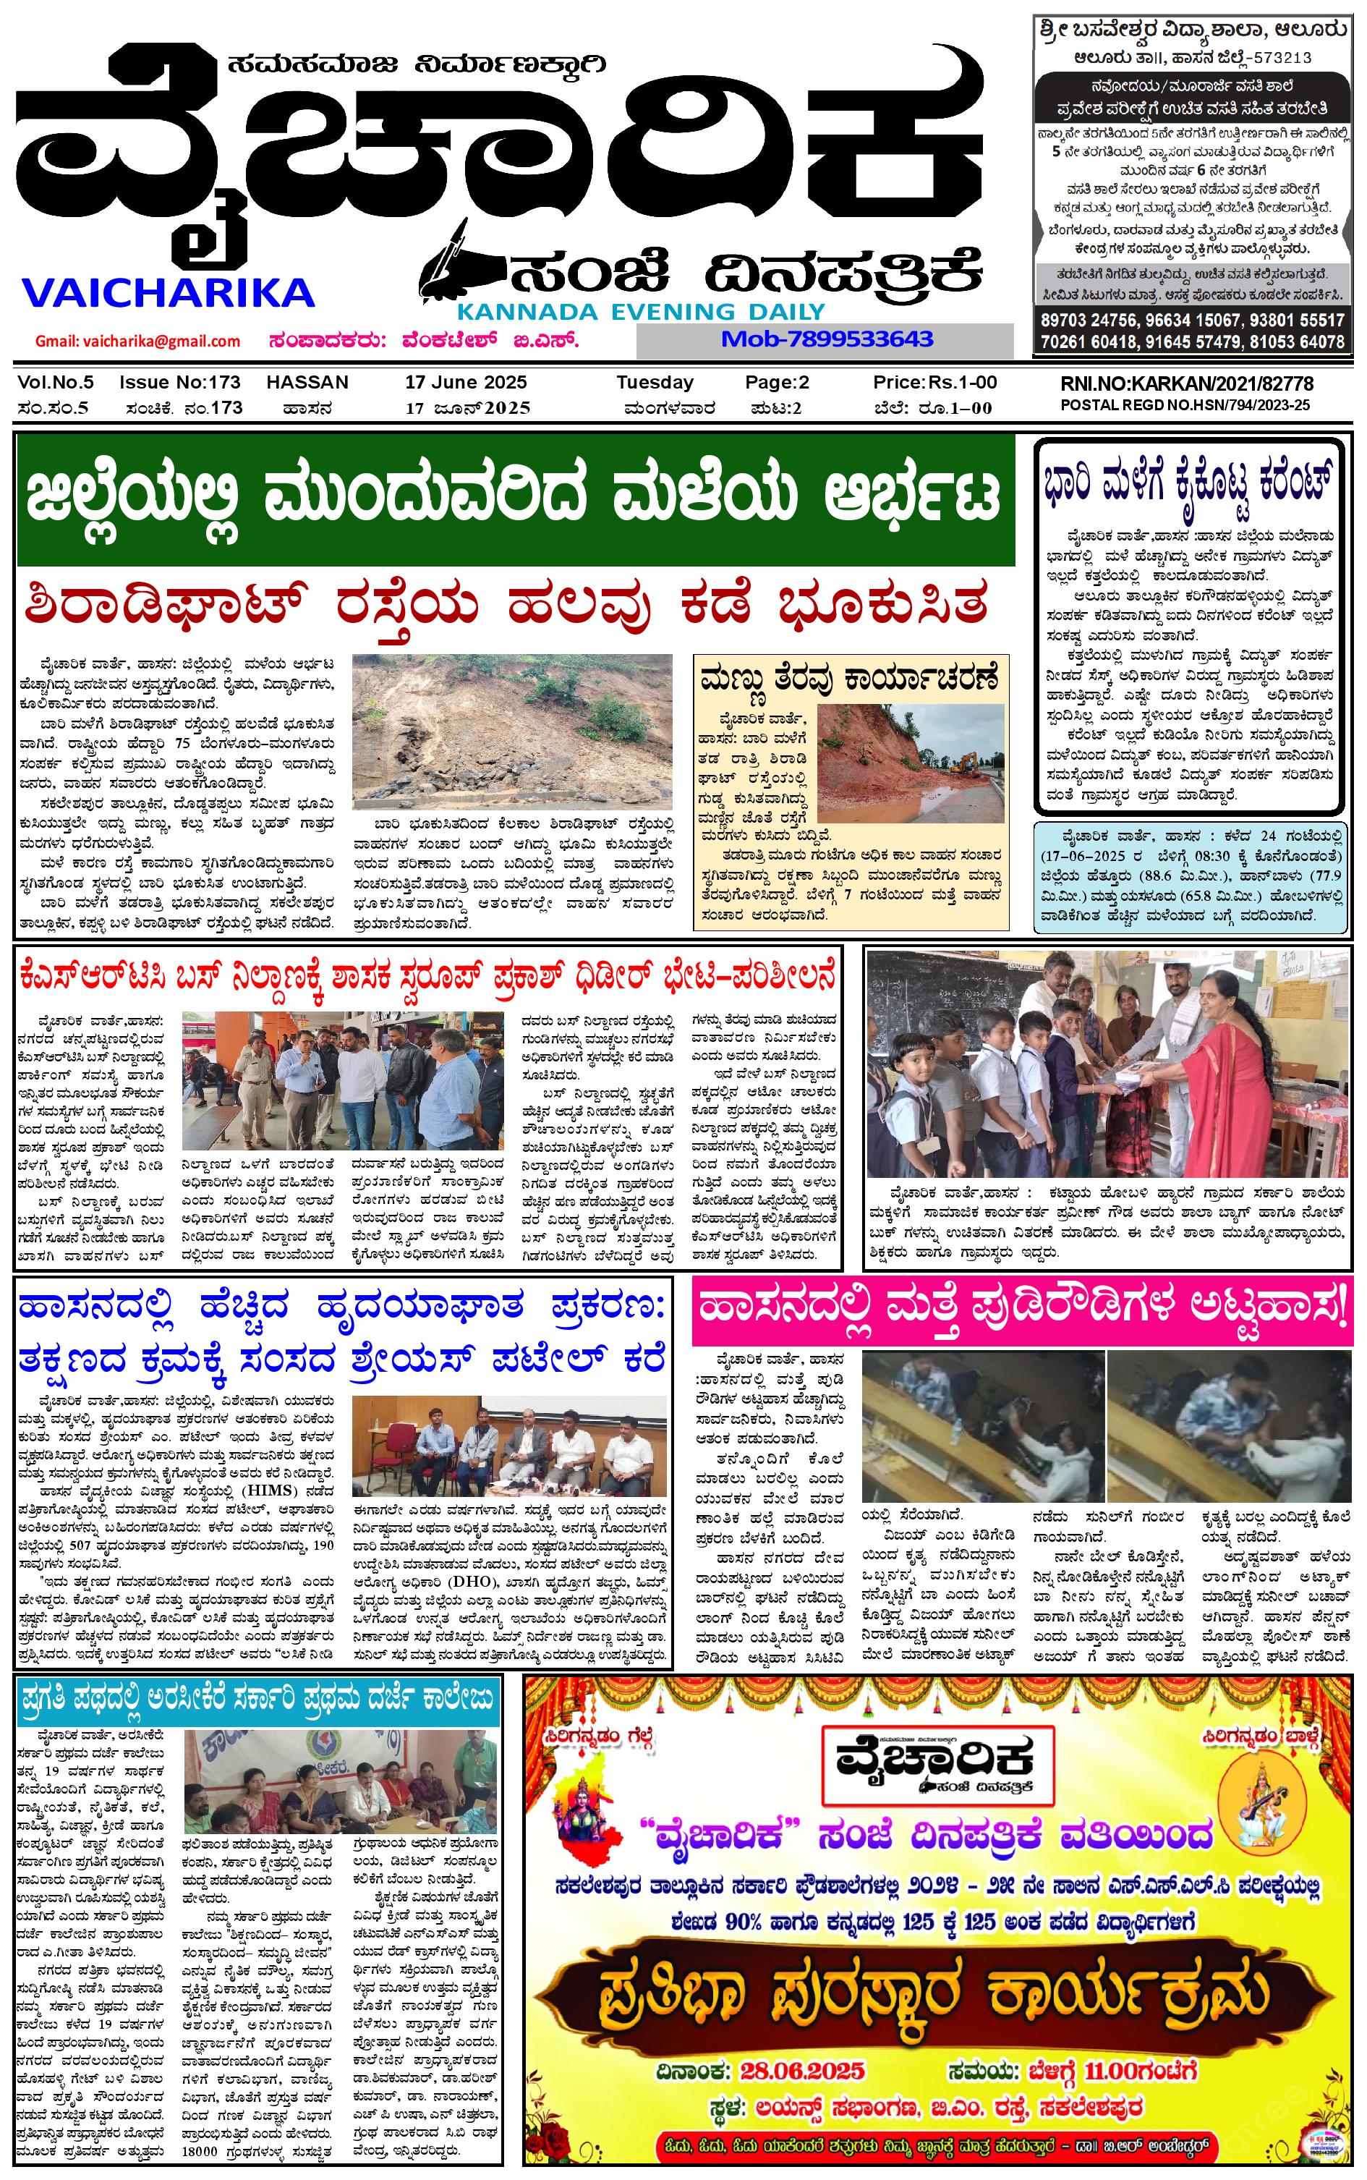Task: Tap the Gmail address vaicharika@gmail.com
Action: (x=137, y=341)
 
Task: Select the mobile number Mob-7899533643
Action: (x=826, y=340)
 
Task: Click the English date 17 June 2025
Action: (x=466, y=383)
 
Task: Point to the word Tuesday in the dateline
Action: (x=655, y=383)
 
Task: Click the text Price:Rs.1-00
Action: (x=934, y=383)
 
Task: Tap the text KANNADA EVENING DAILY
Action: (x=641, y=312)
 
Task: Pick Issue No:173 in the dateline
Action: (x=180, y=383)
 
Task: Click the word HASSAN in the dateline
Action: (x=307, y=383)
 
